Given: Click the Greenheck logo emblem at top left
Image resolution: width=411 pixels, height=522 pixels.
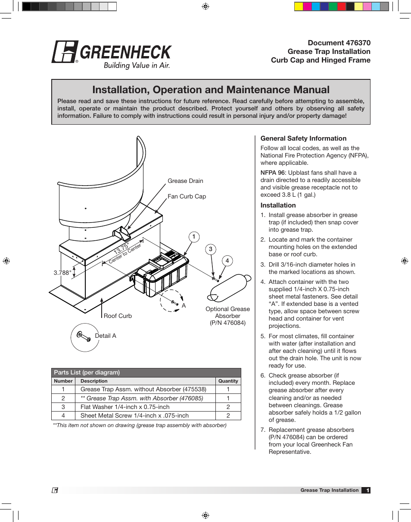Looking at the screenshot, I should (x=65, y=52).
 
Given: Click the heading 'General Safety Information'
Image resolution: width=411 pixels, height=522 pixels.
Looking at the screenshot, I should (x=303, y=138).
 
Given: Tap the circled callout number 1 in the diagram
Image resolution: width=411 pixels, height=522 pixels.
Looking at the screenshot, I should (x=194, y=236).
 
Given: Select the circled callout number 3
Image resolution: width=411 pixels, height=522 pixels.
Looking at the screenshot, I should (x=211, y=249).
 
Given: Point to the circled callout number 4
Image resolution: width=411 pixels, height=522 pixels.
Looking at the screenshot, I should (x=227, y=261).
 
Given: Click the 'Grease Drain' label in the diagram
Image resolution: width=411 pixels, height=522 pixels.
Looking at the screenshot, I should (x=185, y=181).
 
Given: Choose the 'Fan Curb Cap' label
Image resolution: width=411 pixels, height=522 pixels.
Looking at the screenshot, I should (x=187, y=196).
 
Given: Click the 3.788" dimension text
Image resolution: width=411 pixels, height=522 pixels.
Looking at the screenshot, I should (x=62, y=273).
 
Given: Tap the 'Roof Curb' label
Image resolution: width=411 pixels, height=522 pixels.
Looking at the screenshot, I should (x=118, y=316).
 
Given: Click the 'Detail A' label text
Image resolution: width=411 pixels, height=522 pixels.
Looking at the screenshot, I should (x=106, y=336).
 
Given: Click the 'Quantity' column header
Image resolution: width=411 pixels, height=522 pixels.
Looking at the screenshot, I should (x=228, y=381).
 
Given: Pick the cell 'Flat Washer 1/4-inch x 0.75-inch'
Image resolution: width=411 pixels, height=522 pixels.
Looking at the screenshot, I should (x=125, y=407).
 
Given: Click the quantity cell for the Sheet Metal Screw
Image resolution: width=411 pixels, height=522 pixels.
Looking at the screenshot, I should (x=228, y=415).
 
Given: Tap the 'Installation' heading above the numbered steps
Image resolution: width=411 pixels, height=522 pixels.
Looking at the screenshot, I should (x=278, y=205).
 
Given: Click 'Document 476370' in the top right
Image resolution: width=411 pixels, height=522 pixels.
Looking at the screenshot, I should (x=339, y=43).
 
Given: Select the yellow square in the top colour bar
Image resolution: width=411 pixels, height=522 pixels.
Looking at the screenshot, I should (x=299, y=6).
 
